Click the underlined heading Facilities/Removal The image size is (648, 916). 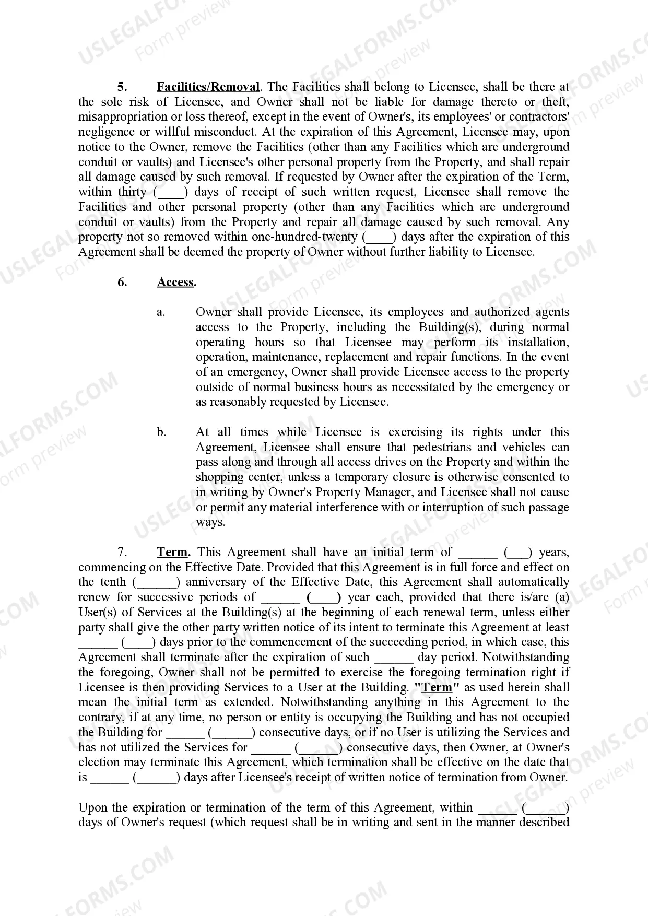(x=208, y=87)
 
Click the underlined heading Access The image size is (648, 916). (x=175, y=283)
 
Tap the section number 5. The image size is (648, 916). (x=122, y=87)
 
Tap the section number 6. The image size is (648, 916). (x=122, y=283)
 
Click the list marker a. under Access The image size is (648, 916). (x=161, y=312)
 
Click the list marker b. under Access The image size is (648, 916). (x=161, y=432)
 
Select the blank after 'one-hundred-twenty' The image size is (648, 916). (x=380, y=237)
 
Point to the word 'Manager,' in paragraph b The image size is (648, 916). (x=392, y=492)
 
